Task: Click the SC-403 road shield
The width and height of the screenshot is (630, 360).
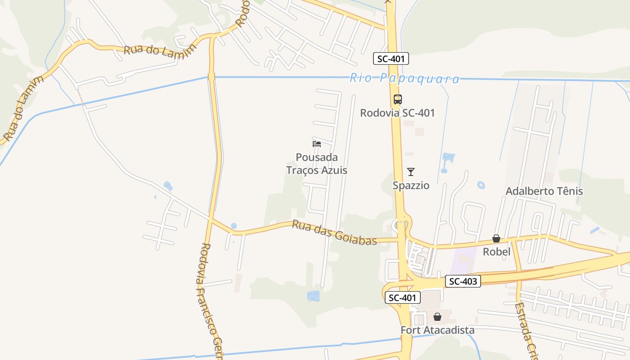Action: [x=463, y=282]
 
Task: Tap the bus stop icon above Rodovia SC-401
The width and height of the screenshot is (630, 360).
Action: [x=397, y=99]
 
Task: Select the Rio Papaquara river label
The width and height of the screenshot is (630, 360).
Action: [x=405, y=79]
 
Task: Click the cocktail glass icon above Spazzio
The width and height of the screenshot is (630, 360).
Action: [x=410, y=171]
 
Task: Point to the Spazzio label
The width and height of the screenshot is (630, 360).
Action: [x=411, y=185]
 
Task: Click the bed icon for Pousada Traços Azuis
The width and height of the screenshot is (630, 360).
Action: [x=317, y=144]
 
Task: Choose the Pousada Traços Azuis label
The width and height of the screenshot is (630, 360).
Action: [x=317, y=164]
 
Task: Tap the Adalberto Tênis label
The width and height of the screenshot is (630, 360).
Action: [x=544, y=191]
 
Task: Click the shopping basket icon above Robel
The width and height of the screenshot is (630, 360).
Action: [x=496, y=238]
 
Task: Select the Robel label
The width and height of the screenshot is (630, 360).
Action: [x=496, y=252]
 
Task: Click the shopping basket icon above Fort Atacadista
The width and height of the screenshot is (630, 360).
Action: [x=437, y=317]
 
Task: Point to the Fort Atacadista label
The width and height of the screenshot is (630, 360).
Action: [x=437, y=330]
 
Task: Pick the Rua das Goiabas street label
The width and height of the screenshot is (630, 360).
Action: [x=334, y=232]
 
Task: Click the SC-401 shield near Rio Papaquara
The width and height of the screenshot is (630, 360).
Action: [x=391, y=58]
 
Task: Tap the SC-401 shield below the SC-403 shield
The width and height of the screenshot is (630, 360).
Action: [x=402, y=297]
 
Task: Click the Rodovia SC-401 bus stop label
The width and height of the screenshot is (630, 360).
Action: [x=397, y=112]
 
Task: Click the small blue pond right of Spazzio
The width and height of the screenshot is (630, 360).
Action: [x=481, y=185]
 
